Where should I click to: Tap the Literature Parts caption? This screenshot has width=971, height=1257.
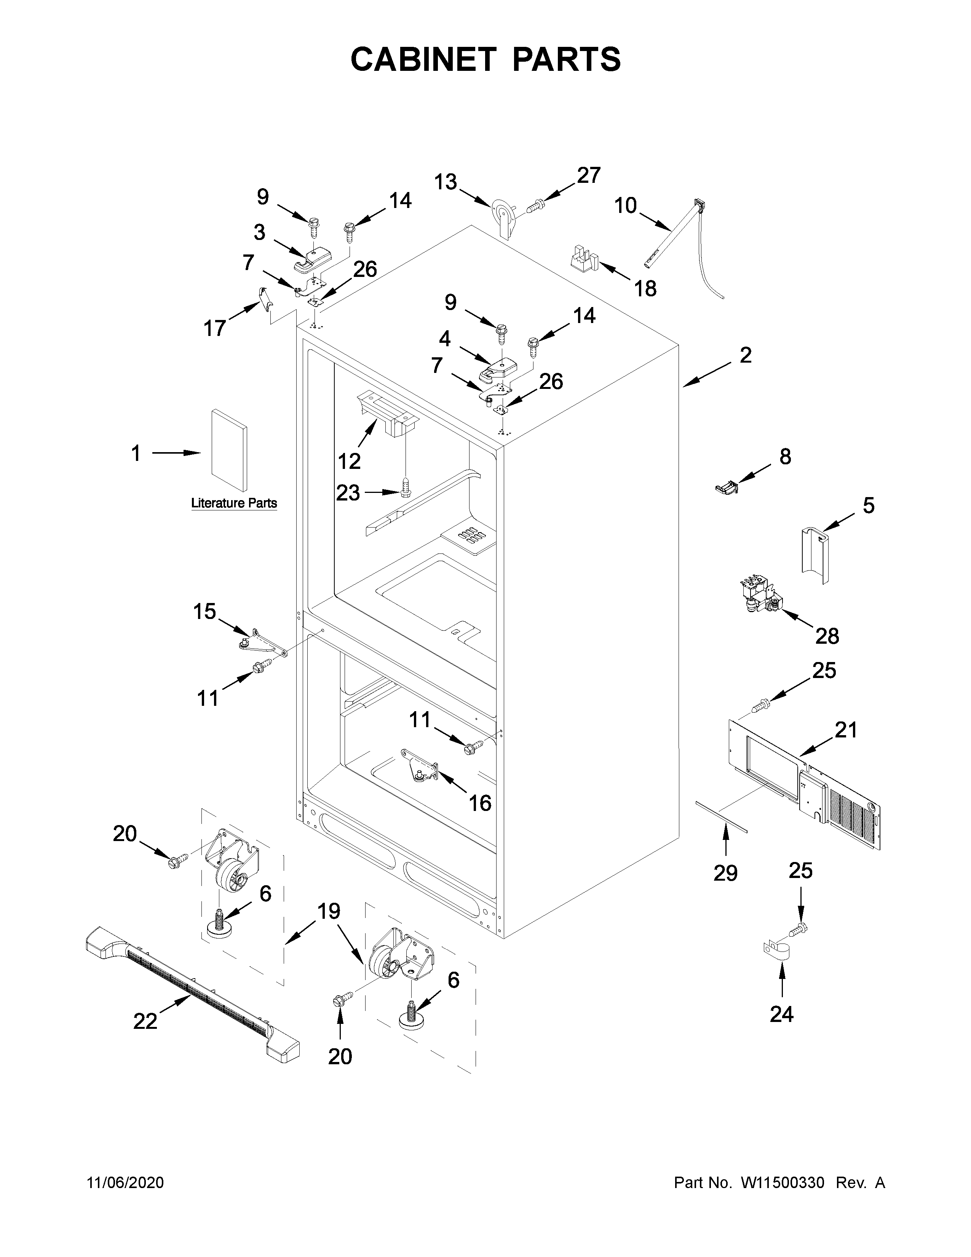point(233,503)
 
